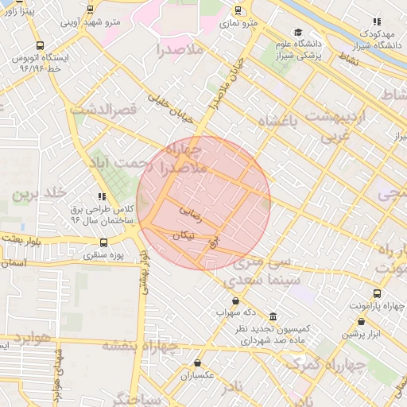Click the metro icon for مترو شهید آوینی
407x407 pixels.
(89, 10)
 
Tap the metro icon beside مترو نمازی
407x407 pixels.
(238, 11)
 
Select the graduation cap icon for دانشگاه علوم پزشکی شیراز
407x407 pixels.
(298, 33)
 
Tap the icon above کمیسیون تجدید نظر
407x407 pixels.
(273, 316)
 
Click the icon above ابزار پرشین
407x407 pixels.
(362, 322)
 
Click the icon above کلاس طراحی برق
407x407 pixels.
(101, 196)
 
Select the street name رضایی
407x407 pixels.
(192, 213)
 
